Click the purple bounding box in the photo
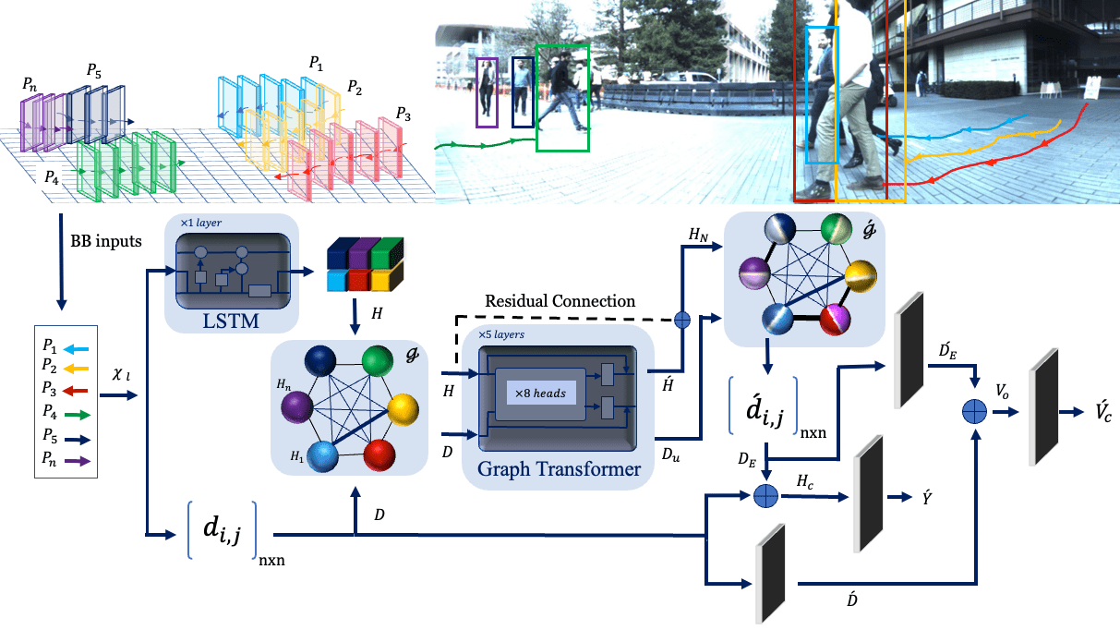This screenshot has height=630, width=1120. click(486, 91)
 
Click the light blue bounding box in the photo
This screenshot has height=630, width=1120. click(821, 95)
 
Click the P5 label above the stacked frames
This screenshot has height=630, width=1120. click(95, 70)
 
